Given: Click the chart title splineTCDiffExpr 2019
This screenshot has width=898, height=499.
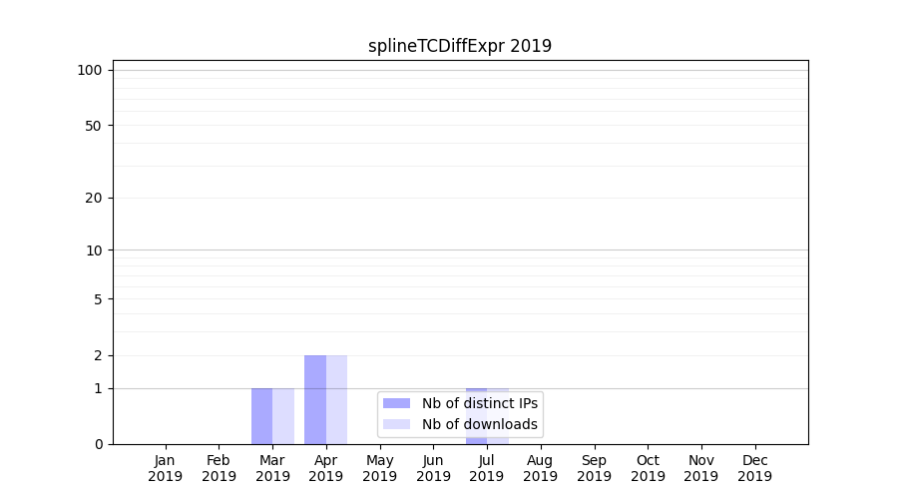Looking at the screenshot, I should click(x=459, y=46).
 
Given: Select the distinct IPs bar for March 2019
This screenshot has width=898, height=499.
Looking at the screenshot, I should click(x=261, y=416).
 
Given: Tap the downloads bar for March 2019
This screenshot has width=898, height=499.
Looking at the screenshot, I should click(x=283, y=416).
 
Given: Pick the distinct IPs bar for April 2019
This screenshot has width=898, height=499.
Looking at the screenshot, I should click(x=315, y=399).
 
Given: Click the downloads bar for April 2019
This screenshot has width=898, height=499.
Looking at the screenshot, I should click(x=336, y=399).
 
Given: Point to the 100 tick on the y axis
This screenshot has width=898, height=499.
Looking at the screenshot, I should click(x=90, y=70).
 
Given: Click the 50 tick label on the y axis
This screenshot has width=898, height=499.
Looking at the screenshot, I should click(x=94, y=126).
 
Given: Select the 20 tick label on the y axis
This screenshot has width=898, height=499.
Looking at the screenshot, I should click(x=94, y=198).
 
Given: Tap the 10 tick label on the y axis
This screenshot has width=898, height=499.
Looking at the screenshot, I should click(x=94, y=250).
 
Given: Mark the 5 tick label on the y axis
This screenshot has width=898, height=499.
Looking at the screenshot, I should click(x=98, y=299).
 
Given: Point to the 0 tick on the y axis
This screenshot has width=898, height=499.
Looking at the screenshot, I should click(x=98, y=444).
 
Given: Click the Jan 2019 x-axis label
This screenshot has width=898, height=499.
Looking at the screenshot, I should click(x=166, y=468).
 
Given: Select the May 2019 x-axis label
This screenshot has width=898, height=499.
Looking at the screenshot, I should click(x=380, y=468).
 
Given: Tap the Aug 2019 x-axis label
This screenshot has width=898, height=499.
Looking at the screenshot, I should click(x=541, y=468).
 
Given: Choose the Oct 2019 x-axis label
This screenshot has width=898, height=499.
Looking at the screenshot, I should click(x=648, y=468).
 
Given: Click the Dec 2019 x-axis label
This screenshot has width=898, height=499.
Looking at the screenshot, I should click(x=754, y=468).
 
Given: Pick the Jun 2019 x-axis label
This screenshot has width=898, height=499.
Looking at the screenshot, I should click(x=433, y=468).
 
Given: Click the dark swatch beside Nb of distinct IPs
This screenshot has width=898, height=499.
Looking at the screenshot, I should click(x=396, y=403).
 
